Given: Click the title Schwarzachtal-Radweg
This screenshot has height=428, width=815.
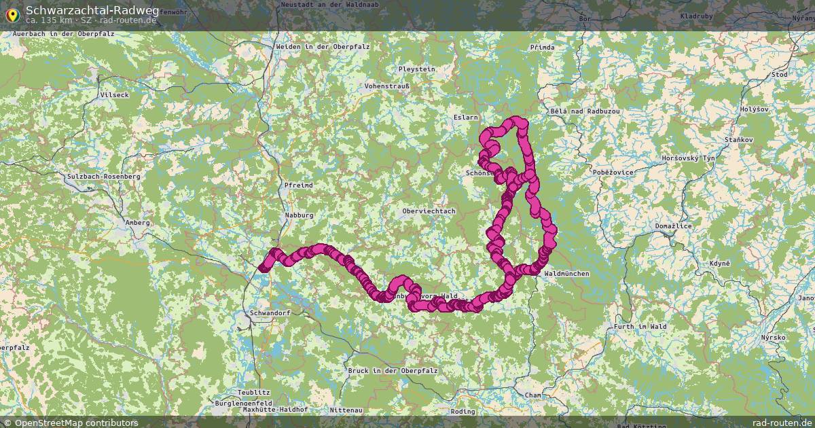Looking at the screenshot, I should point(92,10).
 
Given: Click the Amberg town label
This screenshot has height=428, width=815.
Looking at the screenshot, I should point(138,222).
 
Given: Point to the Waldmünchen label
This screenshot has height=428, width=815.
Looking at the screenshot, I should point(566,273).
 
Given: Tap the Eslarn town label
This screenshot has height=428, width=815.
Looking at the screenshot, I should point(465,118).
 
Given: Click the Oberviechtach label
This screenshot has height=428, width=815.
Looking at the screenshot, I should point(428,211).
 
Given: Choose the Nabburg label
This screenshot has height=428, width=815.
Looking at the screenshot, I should point(300,215).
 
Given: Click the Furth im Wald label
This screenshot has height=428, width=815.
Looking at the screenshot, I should point(640,326).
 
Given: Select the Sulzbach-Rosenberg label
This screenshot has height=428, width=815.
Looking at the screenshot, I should point(103,176).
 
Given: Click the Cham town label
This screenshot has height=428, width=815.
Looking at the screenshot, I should point(533,395).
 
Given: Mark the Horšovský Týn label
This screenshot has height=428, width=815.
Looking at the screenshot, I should point(689,158).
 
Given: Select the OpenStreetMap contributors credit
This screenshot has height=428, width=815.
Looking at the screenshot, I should point(75,423).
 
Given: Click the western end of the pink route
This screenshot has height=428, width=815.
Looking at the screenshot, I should point(262,268).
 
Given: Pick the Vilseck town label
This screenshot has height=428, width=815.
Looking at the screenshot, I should point(113,95).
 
